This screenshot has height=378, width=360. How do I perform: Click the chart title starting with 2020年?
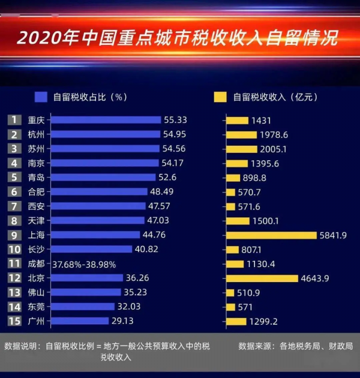point(177,38)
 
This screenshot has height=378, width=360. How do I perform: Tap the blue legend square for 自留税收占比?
point(41,97)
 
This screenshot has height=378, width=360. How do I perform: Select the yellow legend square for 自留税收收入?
point(220,97)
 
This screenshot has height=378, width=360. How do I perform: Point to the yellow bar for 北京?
point(262,278)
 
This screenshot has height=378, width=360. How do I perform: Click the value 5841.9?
point(334,235)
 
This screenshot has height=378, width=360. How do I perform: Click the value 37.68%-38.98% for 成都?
point(84,264)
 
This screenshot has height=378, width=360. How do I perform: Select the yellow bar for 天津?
point(239,220)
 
